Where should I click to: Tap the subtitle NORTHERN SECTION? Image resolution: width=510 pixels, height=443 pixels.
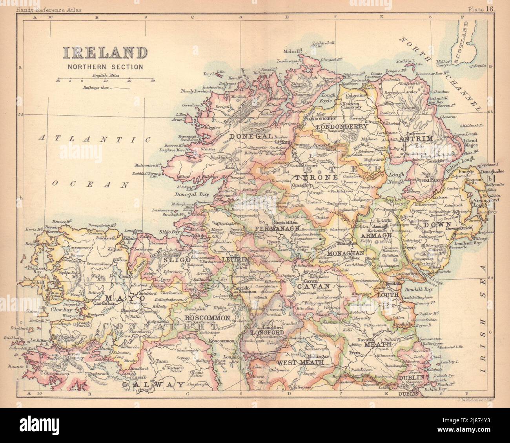(x=105, y=67)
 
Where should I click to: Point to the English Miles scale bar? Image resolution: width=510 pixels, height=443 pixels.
(x=105, y=81)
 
